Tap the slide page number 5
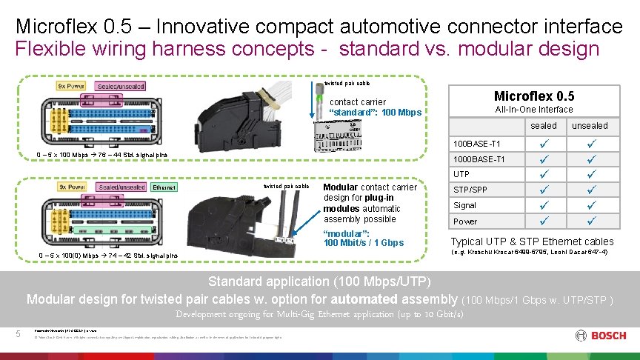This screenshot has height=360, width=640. coord(19,333)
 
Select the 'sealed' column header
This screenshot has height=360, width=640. coord(544,126)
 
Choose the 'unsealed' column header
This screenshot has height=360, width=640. coord(590,126)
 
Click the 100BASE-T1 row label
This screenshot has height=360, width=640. coord(477,143)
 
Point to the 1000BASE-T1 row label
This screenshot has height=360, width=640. coord(479,159)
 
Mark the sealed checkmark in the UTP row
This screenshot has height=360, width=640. coord(544,175)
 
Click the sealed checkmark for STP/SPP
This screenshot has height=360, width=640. coord(544,190)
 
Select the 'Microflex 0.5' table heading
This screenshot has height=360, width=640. coord(533,96)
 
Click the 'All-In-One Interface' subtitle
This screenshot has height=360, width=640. coord(533,110)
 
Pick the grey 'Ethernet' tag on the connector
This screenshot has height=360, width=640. coord(164,187)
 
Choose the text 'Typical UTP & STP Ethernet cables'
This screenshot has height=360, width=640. coord(532,241)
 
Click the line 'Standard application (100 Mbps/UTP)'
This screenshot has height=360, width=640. coord(319,281)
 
